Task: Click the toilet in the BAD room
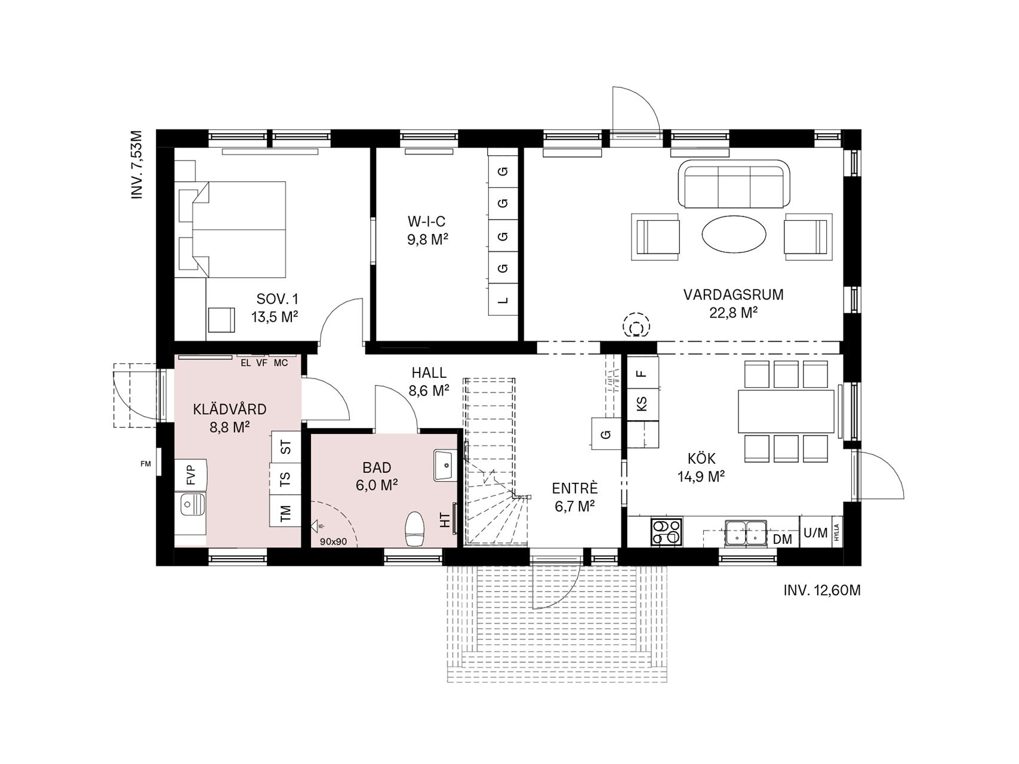(x=414, y=529)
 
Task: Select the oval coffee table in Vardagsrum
(x=734, y=234)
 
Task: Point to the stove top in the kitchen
(x=666, y=532)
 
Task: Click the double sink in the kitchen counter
(x=746, y=532)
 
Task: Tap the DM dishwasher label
(x=782, y=540)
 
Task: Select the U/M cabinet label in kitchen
(x=815, y=532)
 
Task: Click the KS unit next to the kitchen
(x=642, y=404)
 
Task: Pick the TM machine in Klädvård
(x=285, y=512)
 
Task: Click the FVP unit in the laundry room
(x=191, y=475)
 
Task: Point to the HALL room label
(x=429, y=373)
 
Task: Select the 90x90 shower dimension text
(x=334, y=542)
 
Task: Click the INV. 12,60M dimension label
(x=822, y=590)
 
